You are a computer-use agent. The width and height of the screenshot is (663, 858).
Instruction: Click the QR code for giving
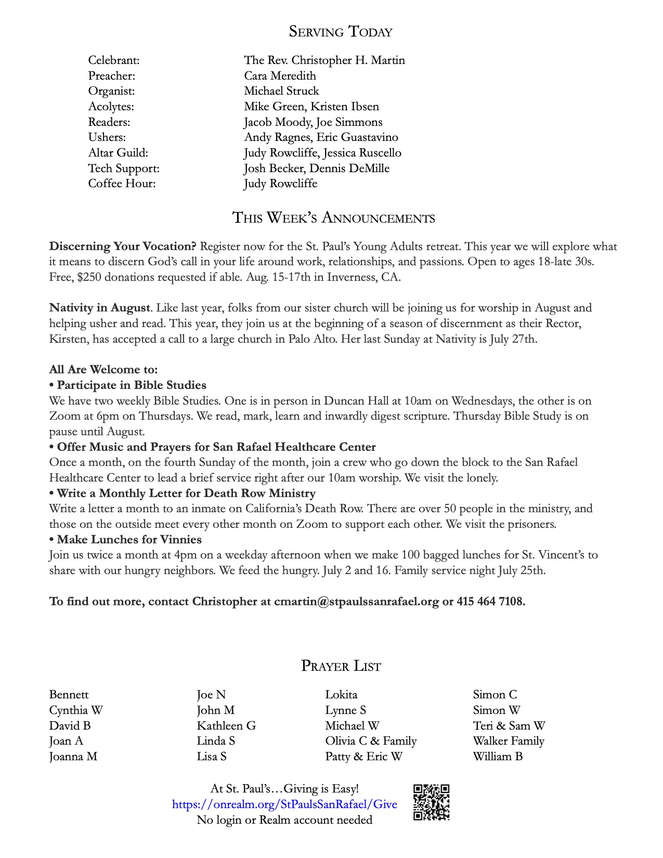click(431, 802)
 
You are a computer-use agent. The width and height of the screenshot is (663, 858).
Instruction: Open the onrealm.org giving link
click(284, 804)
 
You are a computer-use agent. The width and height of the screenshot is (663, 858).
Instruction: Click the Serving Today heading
click(341, 32)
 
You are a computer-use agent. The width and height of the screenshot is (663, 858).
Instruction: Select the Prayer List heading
click(341, 666)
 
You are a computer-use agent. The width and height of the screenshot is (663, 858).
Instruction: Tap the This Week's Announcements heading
click(333, 217)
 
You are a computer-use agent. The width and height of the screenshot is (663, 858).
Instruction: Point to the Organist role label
click(111, 91)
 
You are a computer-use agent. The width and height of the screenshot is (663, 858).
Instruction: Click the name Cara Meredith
click(280, 75)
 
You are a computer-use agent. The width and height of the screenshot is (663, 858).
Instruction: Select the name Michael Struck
click(281, 91)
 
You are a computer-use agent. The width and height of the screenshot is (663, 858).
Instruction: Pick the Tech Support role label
click(124, 168)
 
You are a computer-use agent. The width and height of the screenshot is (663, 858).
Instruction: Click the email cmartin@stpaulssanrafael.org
click(356, 602)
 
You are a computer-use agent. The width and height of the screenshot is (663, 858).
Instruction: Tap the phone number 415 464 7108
click(490, 602)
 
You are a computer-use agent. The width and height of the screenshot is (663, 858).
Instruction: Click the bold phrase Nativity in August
click(99, 308)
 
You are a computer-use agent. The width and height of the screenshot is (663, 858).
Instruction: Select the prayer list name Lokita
click(341, 695)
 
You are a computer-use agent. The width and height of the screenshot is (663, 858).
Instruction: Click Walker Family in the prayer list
click(509, 741)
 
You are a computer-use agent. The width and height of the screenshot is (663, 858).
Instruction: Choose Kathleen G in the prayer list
click(226, 726)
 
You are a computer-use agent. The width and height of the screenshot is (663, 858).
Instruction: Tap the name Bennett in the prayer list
click(69, 695)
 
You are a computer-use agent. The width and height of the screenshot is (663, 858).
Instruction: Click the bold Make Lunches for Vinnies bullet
click(129, 540)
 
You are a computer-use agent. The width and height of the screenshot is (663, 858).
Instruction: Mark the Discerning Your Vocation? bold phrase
click(123, 246)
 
